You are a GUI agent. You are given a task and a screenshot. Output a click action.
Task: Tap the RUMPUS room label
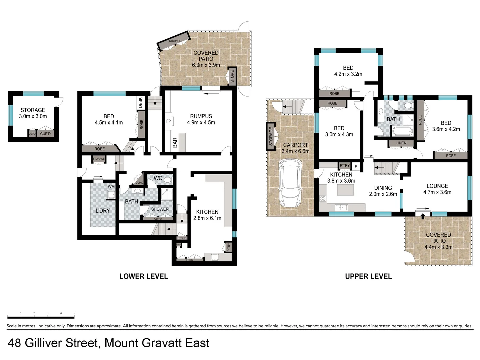(201, 116)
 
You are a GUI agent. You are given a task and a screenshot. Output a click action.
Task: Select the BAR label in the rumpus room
(175, 143)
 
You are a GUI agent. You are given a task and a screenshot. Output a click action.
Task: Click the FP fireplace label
(169, 121)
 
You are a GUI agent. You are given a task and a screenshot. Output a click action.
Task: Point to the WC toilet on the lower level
(167, 180)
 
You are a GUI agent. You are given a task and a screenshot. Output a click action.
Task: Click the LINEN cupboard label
(401, 143)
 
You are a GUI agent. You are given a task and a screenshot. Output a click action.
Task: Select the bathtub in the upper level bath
(403, 131)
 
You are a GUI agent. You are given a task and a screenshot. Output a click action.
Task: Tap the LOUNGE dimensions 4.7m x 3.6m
(437, 192)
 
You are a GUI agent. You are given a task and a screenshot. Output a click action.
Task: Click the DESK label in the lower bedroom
(140, 102)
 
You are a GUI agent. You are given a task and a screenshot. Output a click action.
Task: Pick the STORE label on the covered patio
(232, 76)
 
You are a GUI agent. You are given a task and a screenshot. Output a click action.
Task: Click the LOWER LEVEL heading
(144, 276)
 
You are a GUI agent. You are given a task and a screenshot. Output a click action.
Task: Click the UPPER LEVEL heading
(368, 276)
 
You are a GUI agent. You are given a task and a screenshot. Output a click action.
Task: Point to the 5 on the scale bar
(74, 313)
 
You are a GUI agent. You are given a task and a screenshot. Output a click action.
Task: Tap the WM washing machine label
(111, 187)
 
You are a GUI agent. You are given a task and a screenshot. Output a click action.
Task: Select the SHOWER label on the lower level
(160, 209)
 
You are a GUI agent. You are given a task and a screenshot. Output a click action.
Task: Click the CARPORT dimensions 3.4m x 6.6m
(295, 151)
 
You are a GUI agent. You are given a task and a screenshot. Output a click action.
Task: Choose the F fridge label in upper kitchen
(356, 167)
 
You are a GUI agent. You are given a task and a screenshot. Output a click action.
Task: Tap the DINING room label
(383, 188)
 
